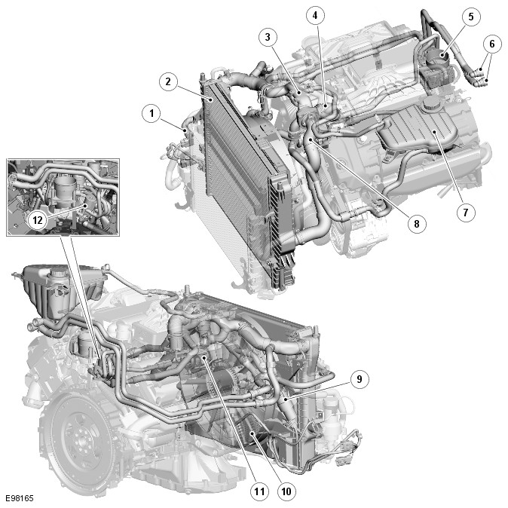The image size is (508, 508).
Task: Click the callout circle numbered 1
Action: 151,113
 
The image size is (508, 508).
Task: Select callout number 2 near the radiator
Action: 168,81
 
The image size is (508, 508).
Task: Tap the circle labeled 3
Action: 268,37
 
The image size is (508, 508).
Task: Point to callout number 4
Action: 315,15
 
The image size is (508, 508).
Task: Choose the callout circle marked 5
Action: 471,17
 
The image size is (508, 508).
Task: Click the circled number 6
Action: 492,44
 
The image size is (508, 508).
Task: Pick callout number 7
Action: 466,213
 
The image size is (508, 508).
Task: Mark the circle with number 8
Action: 416,224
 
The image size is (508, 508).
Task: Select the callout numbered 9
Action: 360,379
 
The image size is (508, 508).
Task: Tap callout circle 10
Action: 286,491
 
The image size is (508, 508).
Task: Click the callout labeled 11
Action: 259,491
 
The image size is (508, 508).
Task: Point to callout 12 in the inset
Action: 38,220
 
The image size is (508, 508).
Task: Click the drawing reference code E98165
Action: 20,498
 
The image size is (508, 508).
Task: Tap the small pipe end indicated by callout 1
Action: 185,130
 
